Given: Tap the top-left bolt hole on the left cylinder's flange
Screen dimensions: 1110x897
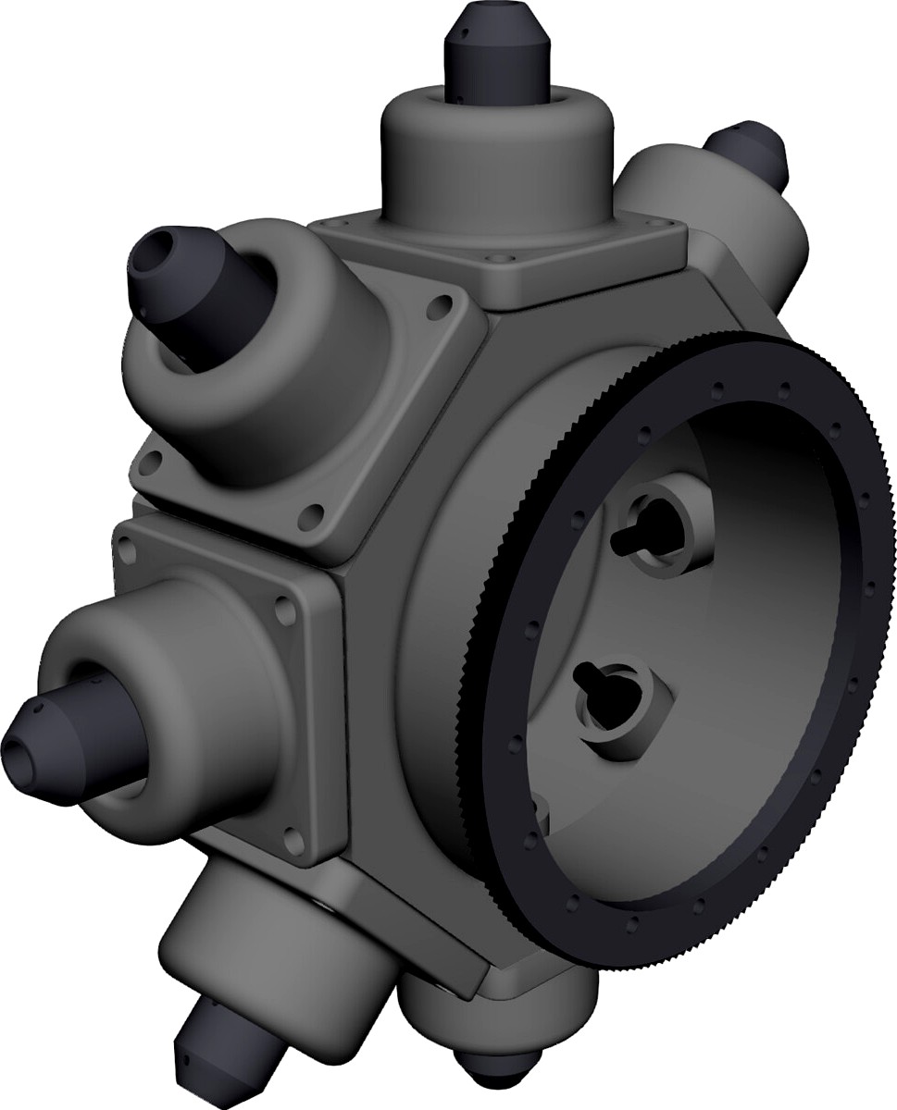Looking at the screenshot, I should click(x=128, y=552).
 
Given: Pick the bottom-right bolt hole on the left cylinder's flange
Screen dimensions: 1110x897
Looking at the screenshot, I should click(x=294, y=838).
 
